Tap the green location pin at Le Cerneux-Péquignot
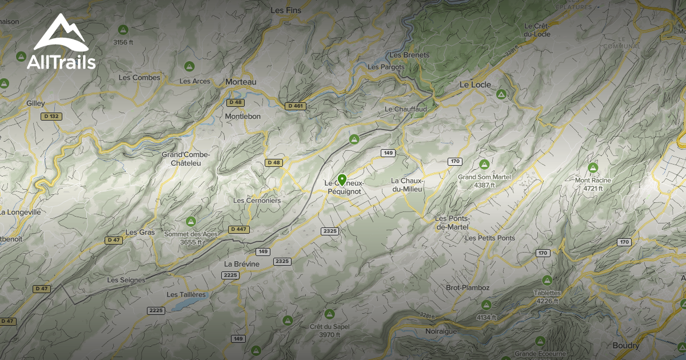click(342, 180)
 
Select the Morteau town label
click(241, 82)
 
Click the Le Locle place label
click(476, 85)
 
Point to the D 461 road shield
click(295, 106)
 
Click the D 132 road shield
click(52, 116)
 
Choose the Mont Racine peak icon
click(593, 168)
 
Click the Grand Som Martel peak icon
click(484, 165)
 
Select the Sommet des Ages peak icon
click(191, 221)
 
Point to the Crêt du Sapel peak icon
click(329, 314)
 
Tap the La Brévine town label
click(242, 264)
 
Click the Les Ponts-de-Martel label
click(452, 222)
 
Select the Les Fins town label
click(285, 10)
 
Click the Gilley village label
click(35, 103)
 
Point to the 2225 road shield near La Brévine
click(230, 275)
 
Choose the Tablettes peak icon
click(547, 281)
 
